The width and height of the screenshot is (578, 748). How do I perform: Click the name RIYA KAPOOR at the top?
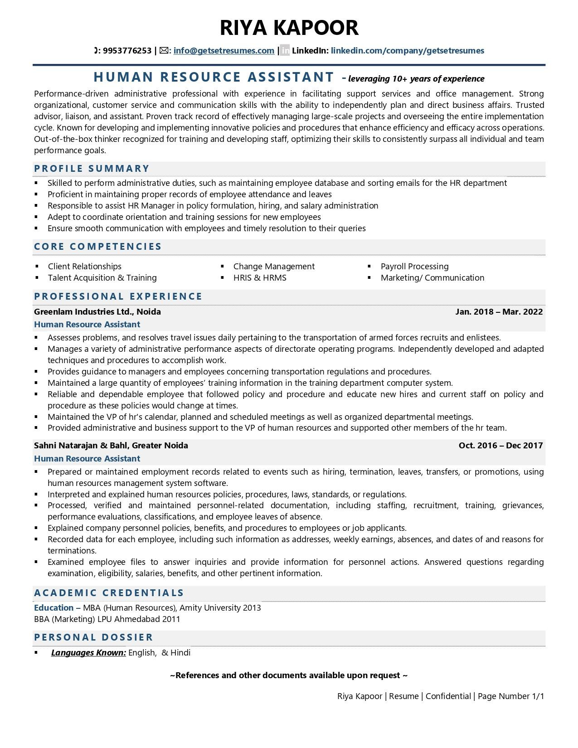pos(289,28)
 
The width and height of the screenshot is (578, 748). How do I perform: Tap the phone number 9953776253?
pos(127,51)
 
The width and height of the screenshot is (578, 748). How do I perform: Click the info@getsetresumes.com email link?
pos(223,51)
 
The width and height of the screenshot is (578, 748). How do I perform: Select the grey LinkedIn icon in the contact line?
pos(285,51)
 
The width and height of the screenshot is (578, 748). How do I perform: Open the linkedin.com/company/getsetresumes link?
pos(407,51)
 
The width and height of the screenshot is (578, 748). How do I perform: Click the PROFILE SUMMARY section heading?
pos(92,169)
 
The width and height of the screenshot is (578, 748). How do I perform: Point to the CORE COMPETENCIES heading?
pos(97,247)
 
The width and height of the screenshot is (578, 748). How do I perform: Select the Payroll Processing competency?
pos(414,267)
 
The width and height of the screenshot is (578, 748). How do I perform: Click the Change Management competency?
pos(274,267)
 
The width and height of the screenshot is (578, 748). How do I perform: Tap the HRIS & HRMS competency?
pos(260,278)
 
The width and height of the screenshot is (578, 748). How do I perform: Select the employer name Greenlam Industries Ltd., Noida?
pos(97,312)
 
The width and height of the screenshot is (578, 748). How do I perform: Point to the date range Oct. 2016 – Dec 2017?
pos(500,446)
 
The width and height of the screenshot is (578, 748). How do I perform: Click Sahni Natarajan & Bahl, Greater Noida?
pos(111,446)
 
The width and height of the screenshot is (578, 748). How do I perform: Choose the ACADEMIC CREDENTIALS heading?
pos(109,593)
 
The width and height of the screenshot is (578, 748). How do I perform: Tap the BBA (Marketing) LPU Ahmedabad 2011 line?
pos(107,619)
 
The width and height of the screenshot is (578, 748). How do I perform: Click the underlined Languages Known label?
pos(88,653)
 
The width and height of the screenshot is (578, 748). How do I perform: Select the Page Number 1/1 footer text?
pos(510,696)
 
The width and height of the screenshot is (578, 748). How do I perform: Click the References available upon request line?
pos(289,675)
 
